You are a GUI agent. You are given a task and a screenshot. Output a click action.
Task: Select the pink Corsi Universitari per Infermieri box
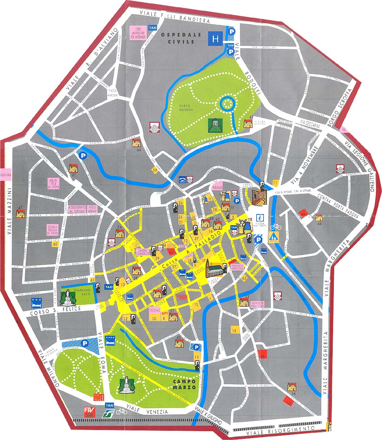pos(138,32)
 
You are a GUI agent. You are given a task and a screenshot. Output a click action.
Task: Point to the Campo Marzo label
pos(184,384)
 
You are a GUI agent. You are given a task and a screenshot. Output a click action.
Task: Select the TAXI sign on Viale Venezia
pos(109,405)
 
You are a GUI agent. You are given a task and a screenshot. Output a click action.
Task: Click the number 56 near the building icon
pos(294,393)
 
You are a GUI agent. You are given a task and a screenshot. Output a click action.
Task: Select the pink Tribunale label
pos(217,187)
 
